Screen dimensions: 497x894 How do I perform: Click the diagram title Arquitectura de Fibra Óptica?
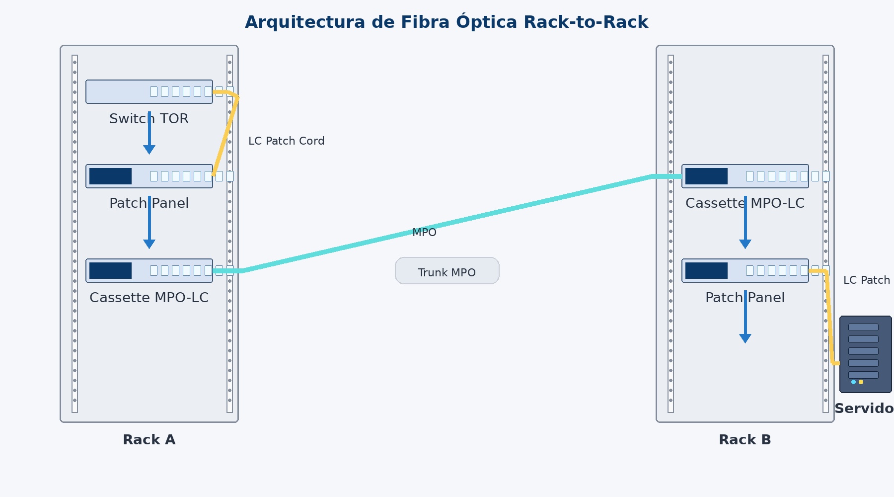[x=446, y=22]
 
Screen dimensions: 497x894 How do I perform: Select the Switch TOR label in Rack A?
[x=149, y=119]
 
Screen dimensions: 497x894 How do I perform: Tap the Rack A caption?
[x=149, y=440]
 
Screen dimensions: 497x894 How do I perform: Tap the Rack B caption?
[x=745, y=440]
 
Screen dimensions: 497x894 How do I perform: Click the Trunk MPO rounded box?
[x=447, y=271]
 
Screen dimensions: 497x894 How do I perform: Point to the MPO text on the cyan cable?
[x=424, y=233]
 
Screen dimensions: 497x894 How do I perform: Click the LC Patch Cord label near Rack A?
[x=286, y=141]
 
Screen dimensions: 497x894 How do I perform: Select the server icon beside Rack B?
[x=865, y=354]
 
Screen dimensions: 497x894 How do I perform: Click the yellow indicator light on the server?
[x=861, y=382]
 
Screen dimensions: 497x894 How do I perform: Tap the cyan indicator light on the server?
[x=853, y=382]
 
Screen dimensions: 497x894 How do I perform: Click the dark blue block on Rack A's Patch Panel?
[x=110, y=176]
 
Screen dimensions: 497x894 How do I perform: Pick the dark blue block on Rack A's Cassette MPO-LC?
[x=110, y=271]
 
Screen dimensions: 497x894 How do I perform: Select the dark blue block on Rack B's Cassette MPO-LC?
[x=706, y=176]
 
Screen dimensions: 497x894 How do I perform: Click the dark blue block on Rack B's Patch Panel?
[x=706, y=271]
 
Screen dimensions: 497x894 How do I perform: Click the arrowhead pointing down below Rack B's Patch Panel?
[x=745, y=338]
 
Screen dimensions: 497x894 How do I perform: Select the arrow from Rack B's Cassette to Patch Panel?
[x=745, y=224]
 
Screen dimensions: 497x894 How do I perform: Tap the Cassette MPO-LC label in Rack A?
[x=149, y=298]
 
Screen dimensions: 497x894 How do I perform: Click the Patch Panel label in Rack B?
[x=745, y=298]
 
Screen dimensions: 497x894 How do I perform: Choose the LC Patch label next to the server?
[x=866, y=280]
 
